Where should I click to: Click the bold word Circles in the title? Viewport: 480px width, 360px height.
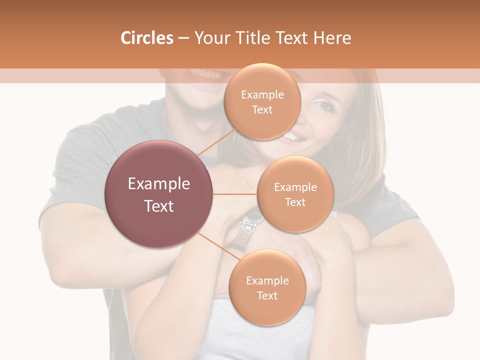pos(147,38)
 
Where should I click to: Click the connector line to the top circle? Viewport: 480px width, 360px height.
pos(216,142)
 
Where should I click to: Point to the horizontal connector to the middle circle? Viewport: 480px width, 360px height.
pos(234,194)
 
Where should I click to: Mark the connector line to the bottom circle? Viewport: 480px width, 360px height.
pos(218,246)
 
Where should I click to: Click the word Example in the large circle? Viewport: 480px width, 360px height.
pos(159,183)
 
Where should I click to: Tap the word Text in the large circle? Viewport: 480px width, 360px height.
pos(159,206)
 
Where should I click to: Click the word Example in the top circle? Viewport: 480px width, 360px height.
pos(262,95)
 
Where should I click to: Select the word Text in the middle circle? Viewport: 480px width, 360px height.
pos(295,202)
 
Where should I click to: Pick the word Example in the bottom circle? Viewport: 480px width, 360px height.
pos(267,280)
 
